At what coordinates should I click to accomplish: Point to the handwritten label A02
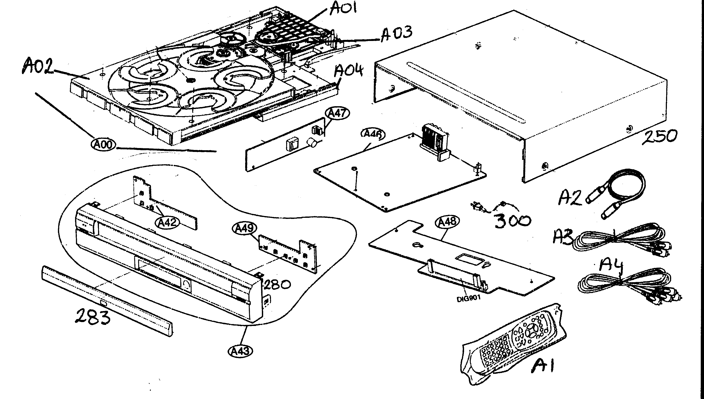coord(37,67)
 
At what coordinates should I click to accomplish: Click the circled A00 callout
coord(104,144)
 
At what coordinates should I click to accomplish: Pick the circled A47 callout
coord(337,113)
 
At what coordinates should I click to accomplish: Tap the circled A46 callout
coord(374,134)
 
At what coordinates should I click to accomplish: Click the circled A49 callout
coord(245,228)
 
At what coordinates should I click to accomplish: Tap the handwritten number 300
coord(512,221)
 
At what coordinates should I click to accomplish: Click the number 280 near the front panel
coord(277,284)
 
